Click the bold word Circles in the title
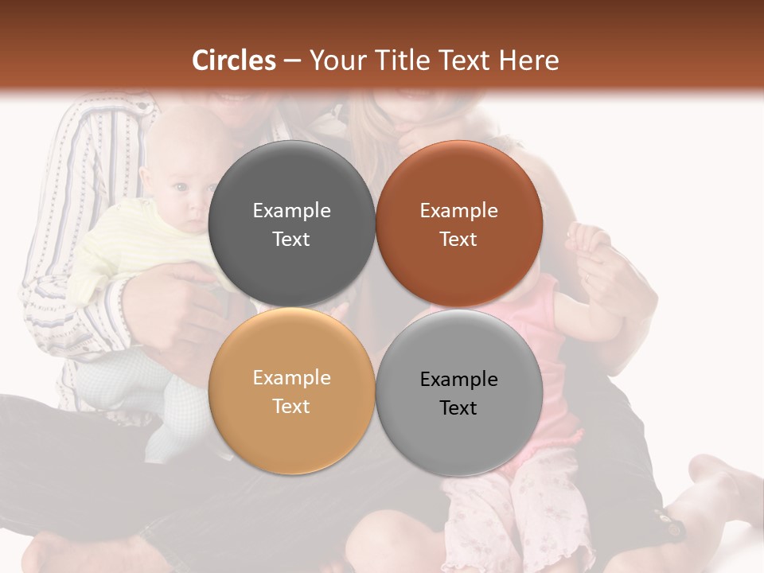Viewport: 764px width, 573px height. click(234, 60)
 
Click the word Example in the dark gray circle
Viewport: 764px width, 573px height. click(291, 210)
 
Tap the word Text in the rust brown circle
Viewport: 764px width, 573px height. click(458, 239)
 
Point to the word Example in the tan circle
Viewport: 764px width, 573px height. click(291, 377)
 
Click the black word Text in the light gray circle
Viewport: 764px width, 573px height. click(458, 407)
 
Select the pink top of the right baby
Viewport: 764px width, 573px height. click(549, 334)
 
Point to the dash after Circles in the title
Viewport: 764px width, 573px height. click(292, 60)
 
